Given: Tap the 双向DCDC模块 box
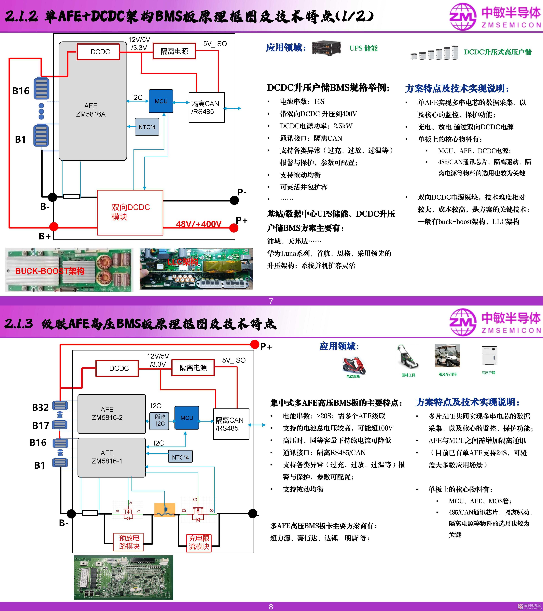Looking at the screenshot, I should coord(130,212).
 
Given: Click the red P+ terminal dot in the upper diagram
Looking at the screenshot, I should coord(234,228).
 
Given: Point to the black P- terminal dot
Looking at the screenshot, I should coord(234,200).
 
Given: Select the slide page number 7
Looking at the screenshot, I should coord(271,301).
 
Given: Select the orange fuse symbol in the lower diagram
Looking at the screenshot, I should coord(165,510).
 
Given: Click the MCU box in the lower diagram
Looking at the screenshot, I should coord(187,418).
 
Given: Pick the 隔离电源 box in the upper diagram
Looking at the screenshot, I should coord(174,51).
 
